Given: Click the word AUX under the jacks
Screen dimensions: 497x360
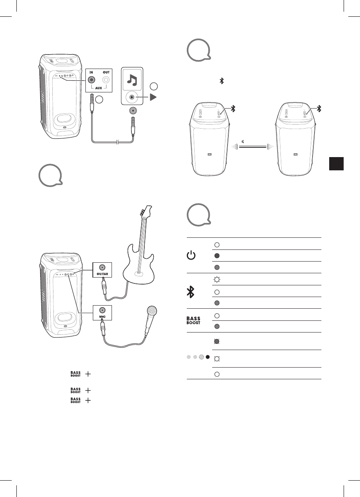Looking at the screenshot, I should (98, 88).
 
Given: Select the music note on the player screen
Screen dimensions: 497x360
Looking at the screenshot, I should (133, 80).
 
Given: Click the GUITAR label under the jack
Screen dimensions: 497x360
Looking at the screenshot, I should (102, 274).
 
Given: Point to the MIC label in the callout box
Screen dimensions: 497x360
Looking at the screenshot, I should (102, 317).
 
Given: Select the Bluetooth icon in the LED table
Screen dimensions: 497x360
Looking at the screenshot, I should (191, 291).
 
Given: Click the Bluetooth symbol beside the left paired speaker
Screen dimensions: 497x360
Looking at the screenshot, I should (234, 109).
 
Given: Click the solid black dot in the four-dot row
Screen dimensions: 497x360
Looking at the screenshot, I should (208, 357).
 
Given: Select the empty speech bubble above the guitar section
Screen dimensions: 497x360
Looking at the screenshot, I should (50, 175).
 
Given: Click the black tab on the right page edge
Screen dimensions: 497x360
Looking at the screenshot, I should (335, 163).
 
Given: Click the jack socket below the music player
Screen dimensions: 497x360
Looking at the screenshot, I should (133, 111).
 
